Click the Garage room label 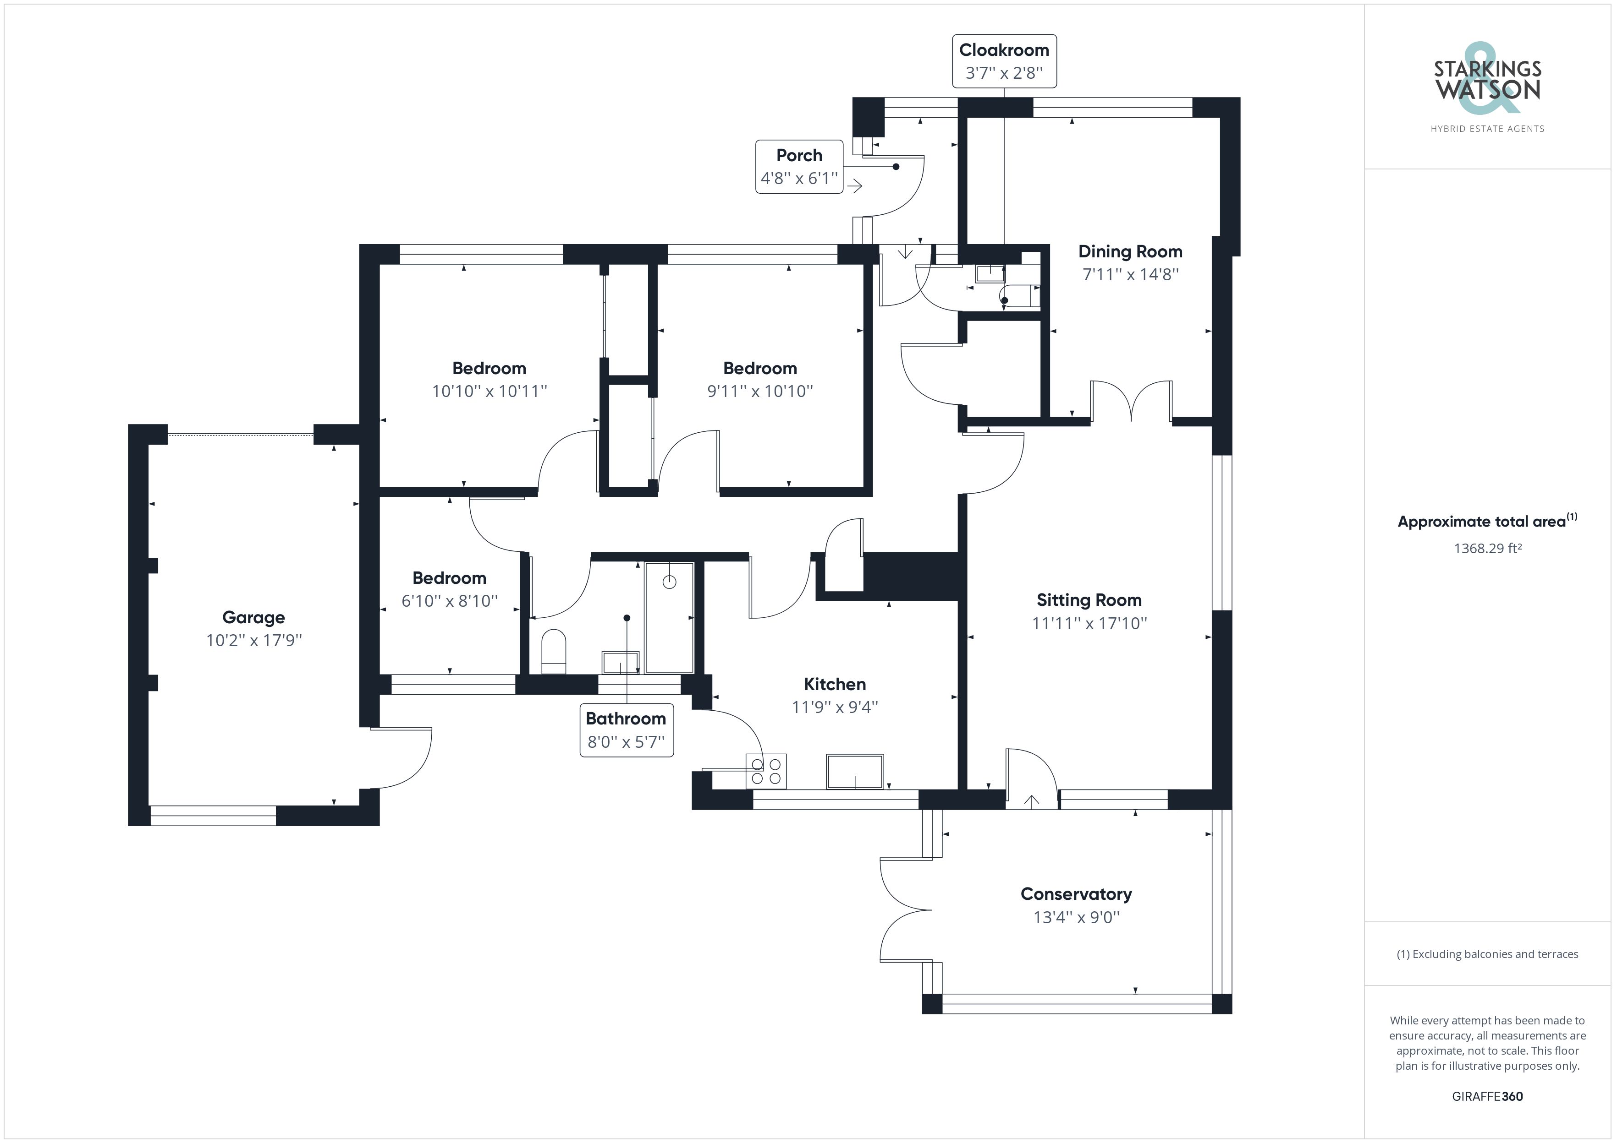[253, 617]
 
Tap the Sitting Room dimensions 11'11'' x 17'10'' [1089, 623]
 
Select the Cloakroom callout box [1004, 61]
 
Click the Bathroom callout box [626, 730]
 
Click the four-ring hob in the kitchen [765, 771]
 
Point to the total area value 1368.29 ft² [1487, 548]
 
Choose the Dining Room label [1130, 251]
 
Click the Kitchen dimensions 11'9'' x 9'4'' [835, 707]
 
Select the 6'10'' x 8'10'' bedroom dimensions [449, 600]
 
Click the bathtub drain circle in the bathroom [669, 582]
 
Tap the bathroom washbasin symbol [620, 662]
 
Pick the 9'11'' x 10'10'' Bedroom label [760, 368]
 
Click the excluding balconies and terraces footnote [1487, 954]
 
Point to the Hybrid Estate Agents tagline [1487, 129]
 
